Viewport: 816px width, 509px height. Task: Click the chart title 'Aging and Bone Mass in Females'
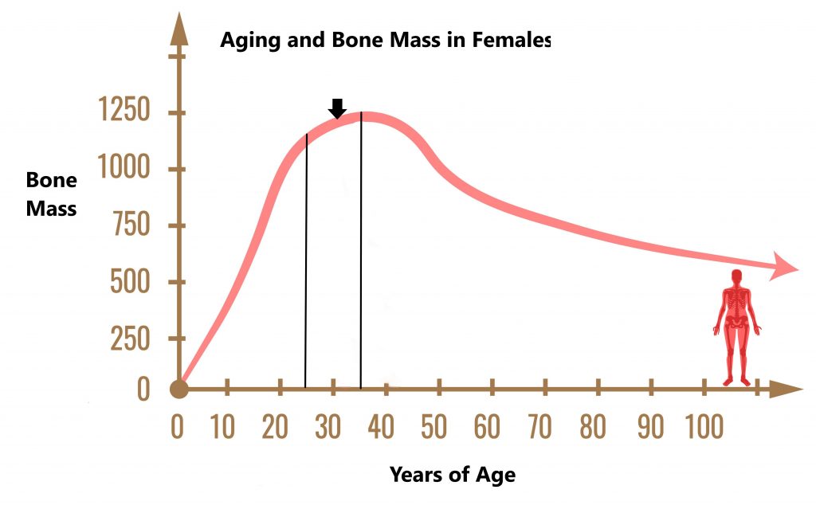click(x=385, y=40)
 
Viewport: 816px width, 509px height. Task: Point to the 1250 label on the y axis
click(x=124, y=110)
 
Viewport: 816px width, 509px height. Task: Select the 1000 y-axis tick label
click(x=124, y=167)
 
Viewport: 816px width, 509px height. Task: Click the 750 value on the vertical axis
click(x=131, y=225)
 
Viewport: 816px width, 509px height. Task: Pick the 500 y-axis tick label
click(x=130, y=281)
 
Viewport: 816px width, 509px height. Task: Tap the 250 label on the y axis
click(x=130, y=339)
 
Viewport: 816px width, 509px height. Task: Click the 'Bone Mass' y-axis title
click(x=52, y=194)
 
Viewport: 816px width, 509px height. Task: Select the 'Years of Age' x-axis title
click(x=453, y=475)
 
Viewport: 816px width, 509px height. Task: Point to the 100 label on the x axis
click(x=704, y=427)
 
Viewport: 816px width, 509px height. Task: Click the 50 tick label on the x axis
click(x=434, y=427)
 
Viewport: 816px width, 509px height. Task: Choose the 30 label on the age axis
click(x=328, y=427)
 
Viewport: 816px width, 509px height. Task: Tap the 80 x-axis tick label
click(x=593, y=427)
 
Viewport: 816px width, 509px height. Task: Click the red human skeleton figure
click(x=737, y=328)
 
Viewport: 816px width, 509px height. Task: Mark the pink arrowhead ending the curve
click(x=783, y=266)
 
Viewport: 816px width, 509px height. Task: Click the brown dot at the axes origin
click(x=179, y=389)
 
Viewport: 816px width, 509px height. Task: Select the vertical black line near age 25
click(x=306, y=261)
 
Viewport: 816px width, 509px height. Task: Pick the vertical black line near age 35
click(x=361, y=250)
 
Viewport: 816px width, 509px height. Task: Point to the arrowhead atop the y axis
click(x=179, y=30)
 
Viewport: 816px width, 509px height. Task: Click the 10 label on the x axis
click(x=223, y=427)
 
